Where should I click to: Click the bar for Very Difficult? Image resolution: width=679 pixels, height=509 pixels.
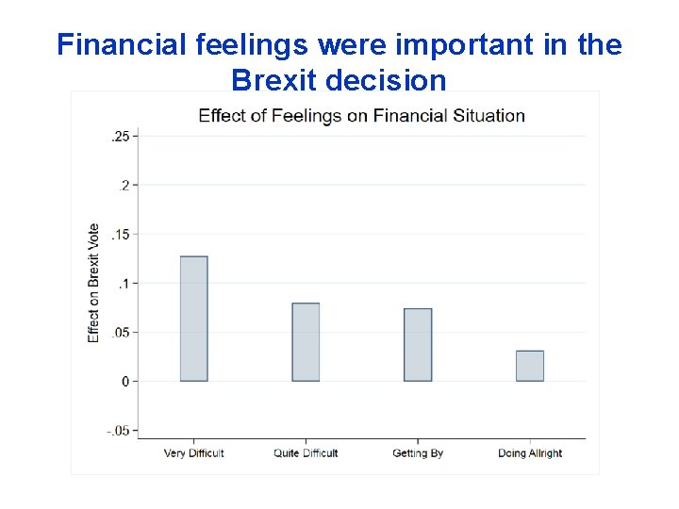193,319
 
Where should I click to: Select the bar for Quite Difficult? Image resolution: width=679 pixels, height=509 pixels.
306,342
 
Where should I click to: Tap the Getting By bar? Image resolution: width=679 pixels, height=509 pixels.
418,345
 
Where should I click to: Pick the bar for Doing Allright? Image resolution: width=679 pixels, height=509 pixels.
530,366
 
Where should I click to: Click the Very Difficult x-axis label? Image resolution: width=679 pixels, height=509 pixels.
193,453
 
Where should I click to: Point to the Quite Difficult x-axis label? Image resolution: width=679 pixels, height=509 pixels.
306,453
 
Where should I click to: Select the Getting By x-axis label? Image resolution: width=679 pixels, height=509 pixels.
418,453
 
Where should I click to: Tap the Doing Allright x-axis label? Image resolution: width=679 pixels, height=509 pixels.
530,453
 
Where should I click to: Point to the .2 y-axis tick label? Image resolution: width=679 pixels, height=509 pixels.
124,186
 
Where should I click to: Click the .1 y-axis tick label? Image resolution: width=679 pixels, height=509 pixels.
124,284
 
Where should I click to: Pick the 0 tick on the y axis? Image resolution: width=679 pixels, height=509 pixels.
125,382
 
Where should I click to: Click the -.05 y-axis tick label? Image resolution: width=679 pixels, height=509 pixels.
118,431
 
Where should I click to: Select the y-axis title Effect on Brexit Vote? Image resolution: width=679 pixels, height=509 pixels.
93,283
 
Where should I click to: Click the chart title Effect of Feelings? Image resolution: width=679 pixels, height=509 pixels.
361,116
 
